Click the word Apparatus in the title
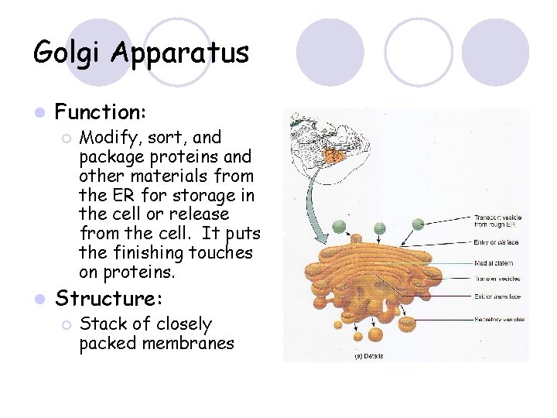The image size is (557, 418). (179, 53)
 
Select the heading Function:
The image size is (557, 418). (101, 113)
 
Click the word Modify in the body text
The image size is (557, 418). (105, 138)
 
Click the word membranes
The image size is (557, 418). (186, 342)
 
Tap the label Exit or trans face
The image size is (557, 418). (495, 296)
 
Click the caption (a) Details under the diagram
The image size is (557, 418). (368, 356)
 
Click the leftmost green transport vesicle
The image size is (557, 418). (338, 226)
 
